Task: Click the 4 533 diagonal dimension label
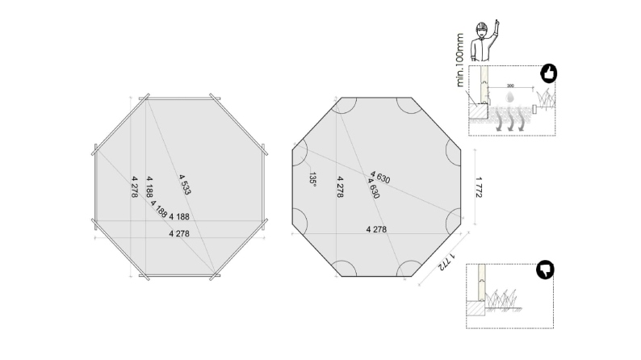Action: [x=185, y=185]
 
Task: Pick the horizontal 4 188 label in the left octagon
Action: [x=180, y=216]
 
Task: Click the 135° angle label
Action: [x=312, y=178]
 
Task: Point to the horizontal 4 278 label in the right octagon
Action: [x=376, y=229]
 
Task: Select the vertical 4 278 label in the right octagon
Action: [x=340, y=186]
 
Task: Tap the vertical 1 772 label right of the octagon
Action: [x=479, y=186]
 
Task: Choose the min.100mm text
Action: [x=459, y=61]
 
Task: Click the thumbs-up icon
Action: [x=548, y=74]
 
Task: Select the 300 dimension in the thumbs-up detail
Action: [x=510, y=85]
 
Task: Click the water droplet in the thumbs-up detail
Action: [x=509, y=96]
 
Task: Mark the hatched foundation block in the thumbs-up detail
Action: [x=476, y=111]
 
